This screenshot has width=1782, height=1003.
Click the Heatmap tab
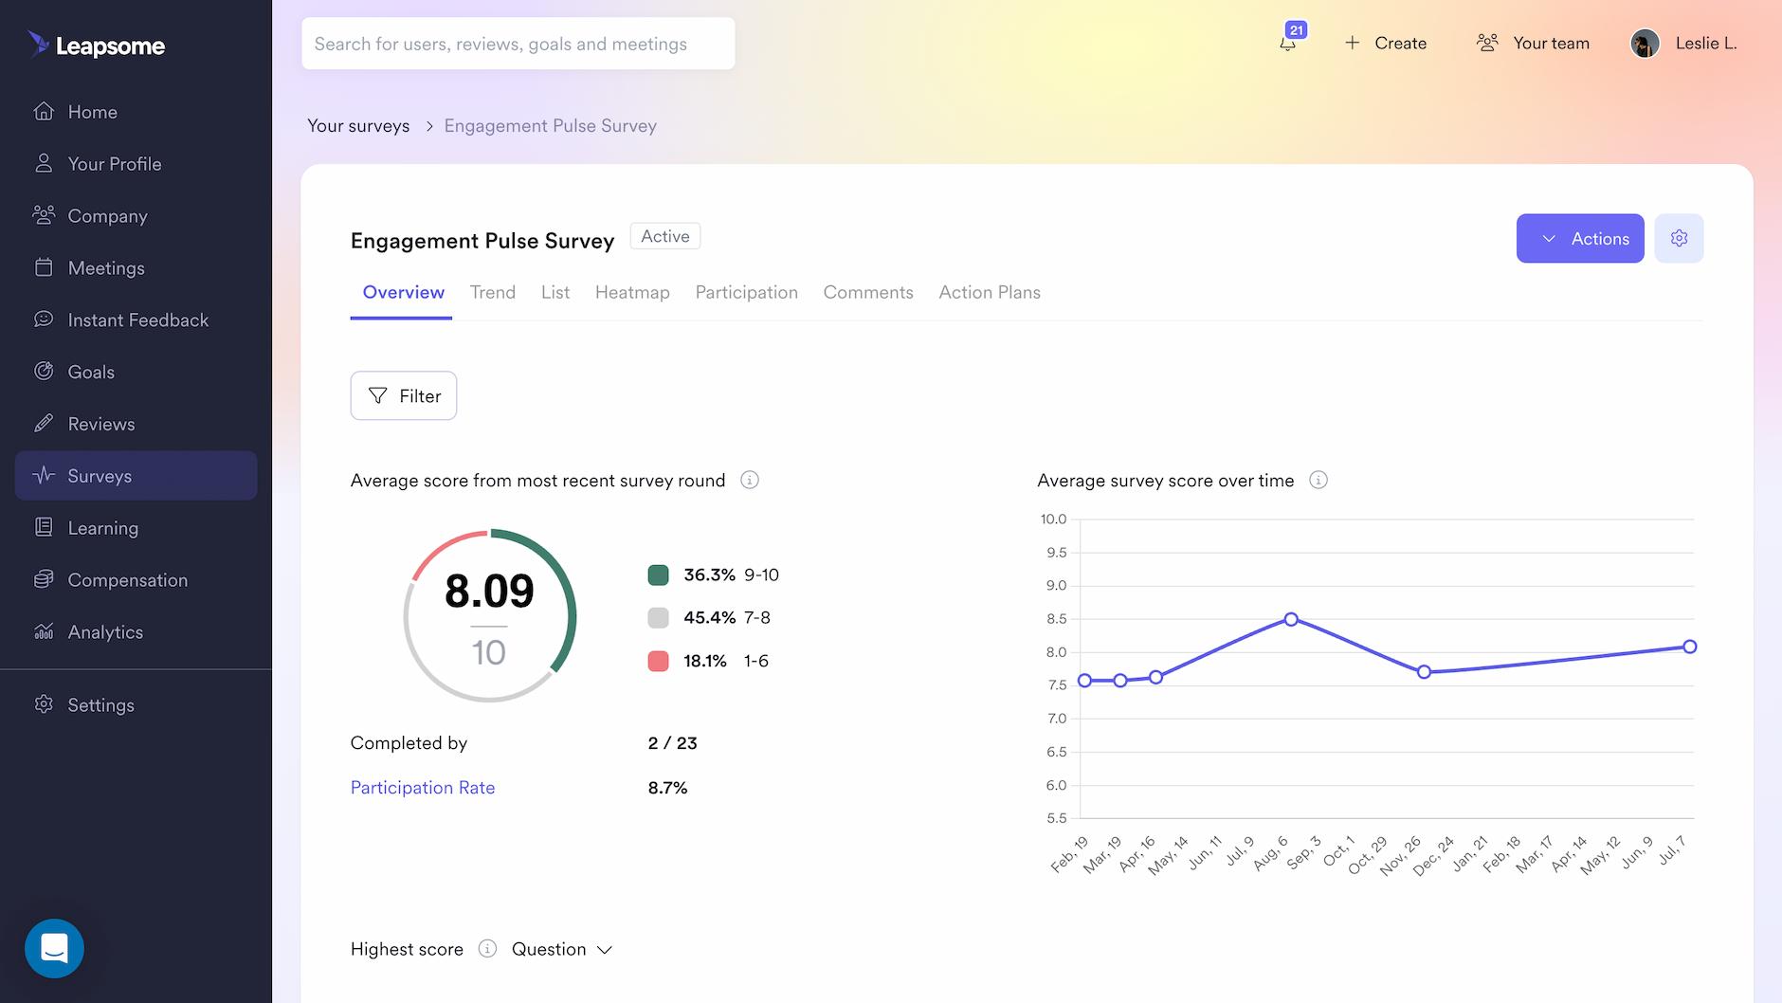632,292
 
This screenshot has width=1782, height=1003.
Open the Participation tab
746,292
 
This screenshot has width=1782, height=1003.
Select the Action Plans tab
989,292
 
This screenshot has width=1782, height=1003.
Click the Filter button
404,395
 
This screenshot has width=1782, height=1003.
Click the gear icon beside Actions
1679,238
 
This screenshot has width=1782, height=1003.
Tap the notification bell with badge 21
1288,43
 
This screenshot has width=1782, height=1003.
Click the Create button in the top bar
1386,43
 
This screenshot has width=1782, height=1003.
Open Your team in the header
1533,43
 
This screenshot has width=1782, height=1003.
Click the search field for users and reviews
518,44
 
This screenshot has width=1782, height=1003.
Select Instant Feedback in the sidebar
137,320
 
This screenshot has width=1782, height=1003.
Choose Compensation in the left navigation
127,580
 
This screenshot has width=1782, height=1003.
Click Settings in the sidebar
100,705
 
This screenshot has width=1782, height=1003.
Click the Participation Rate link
423,788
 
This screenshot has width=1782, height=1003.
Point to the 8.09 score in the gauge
489,591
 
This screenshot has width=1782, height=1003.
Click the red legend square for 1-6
658,661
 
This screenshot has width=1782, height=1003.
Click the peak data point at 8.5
1291,619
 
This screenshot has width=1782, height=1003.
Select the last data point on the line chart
1690,647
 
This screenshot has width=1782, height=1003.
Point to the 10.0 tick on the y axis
1053,519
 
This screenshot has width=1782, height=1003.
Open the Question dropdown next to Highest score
562,949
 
